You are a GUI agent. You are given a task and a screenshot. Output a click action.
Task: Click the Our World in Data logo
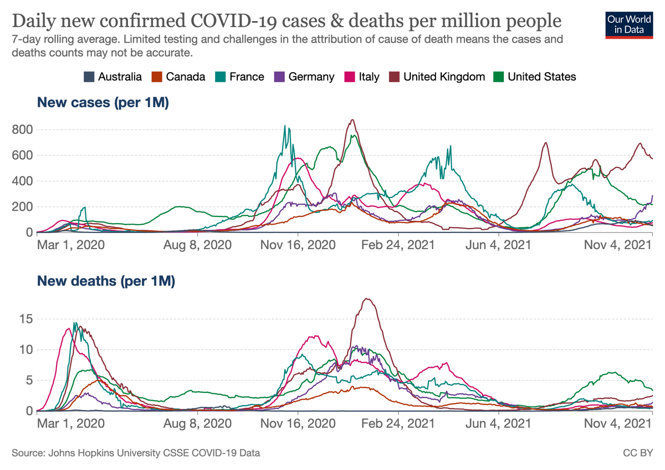[x=629, y=24]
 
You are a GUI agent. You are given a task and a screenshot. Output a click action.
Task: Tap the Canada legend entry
[x=180, y=77]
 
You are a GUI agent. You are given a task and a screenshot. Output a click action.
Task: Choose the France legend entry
[x=240, y=77]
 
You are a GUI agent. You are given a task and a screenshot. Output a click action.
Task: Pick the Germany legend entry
[x=305, y=77]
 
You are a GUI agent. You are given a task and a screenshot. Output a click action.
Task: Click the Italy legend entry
[x=362, y=77]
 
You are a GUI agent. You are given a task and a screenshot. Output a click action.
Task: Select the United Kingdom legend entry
[x=438, y=77]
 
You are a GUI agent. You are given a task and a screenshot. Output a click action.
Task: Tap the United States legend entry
[x=535, y=77]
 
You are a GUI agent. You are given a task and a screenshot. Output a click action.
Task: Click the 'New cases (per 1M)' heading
[x=103, y=103]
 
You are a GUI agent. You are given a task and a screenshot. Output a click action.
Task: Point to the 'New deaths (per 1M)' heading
[x=106, y=281]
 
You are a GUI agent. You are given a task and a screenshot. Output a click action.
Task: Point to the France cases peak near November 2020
[x=285, y=126]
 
